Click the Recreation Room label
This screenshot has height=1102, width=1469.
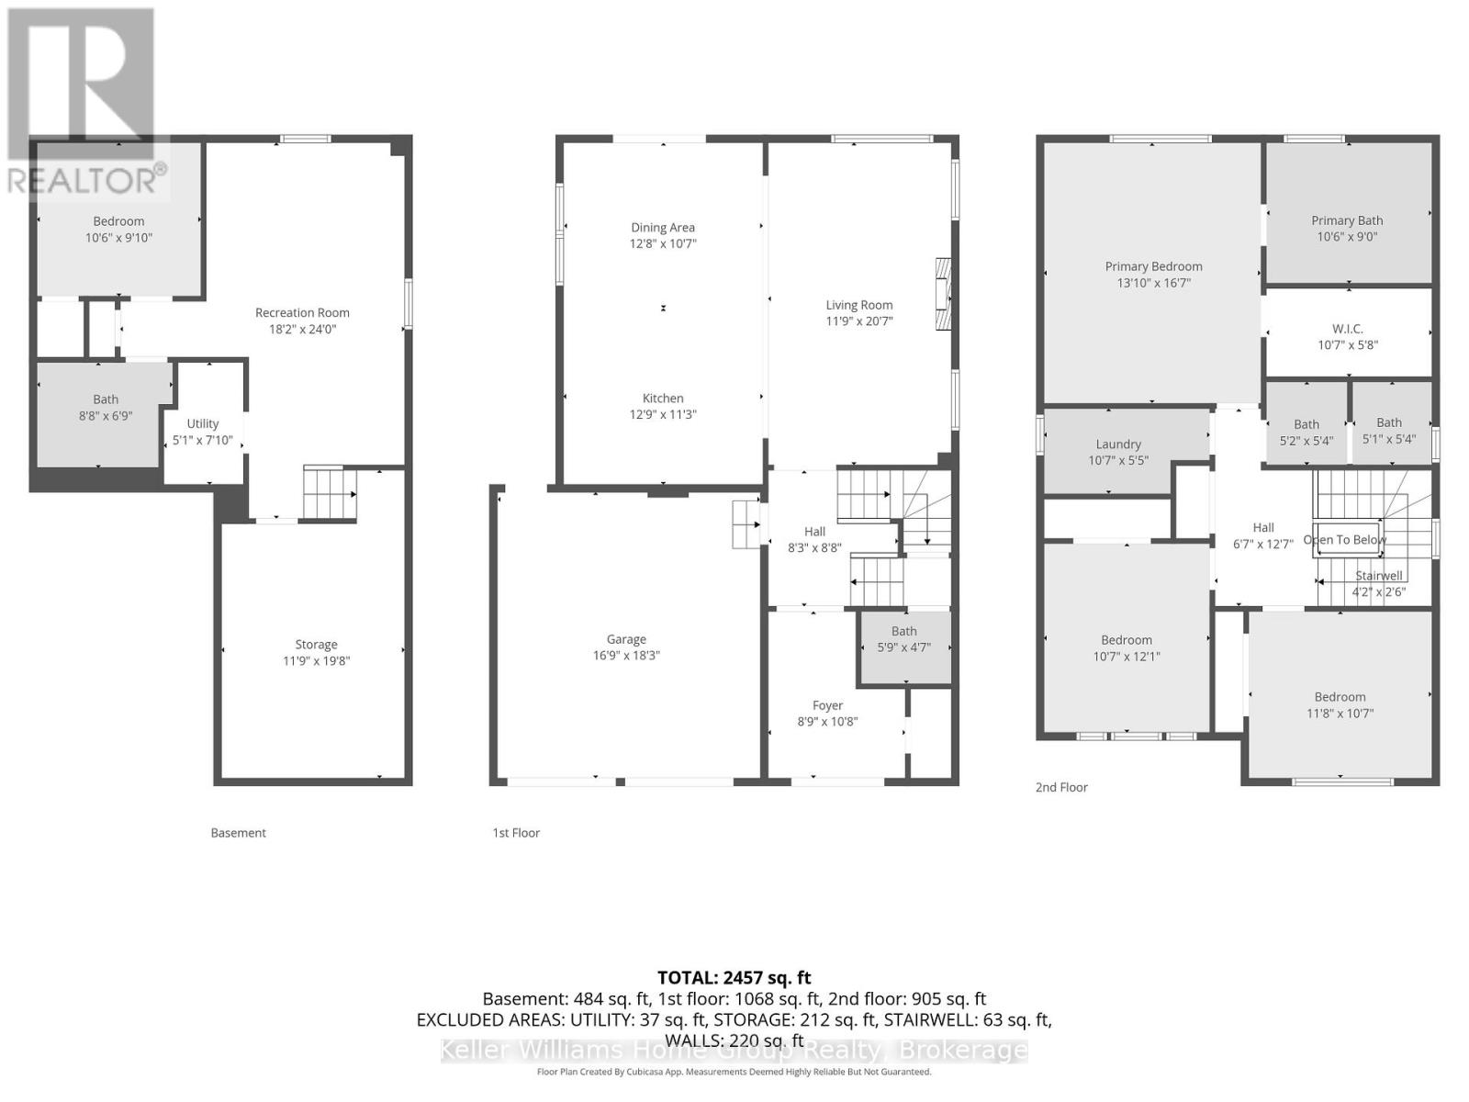302,312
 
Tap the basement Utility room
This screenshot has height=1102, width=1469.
203,432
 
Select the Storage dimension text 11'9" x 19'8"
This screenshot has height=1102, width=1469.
316,660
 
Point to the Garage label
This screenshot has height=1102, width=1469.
626,639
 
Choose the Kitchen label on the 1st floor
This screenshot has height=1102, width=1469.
663,398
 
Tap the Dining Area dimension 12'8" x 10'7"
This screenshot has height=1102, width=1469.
663,243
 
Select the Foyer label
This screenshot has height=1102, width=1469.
827,705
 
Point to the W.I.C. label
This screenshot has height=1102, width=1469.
1347,329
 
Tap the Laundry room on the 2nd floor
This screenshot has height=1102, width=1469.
1118,451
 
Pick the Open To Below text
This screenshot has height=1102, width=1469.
1345,539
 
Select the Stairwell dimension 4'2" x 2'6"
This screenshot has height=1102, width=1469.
1378,592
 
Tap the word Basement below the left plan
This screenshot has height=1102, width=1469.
238,833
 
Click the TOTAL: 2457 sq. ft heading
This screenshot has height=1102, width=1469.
734,978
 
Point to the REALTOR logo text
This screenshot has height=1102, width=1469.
87,180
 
